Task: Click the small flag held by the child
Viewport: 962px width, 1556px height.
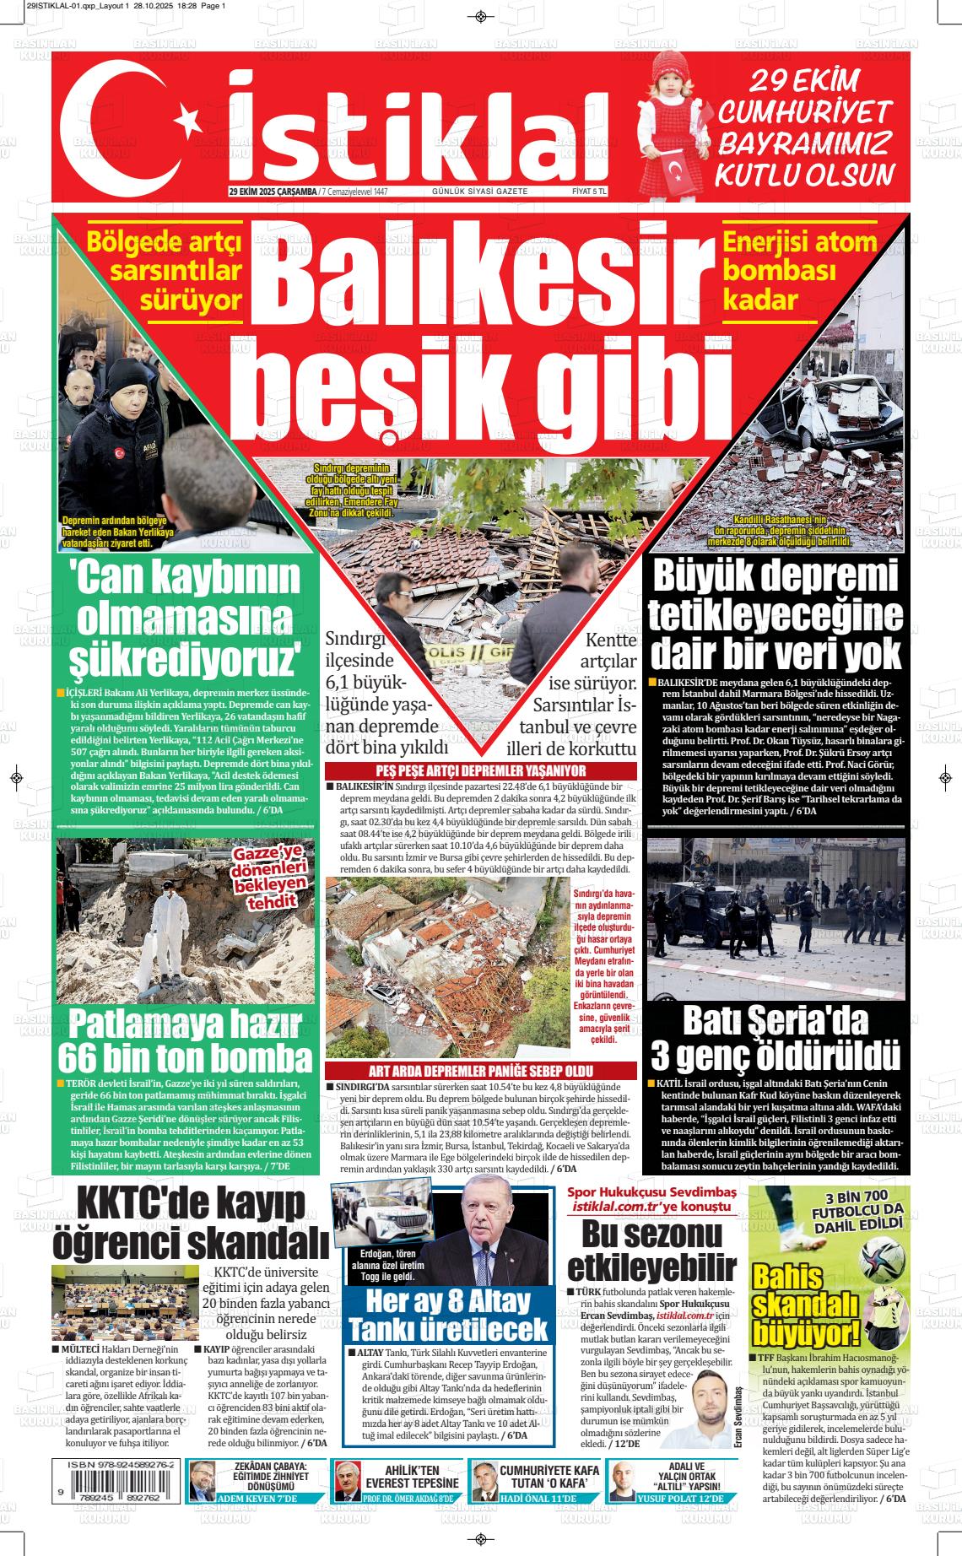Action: point(675,174)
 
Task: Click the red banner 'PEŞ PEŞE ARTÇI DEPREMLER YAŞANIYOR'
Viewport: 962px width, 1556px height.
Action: point(480,770)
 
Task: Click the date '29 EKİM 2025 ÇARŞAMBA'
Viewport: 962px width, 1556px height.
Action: point(273,192)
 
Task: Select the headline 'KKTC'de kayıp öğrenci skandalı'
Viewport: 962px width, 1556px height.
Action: point(191,1224)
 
